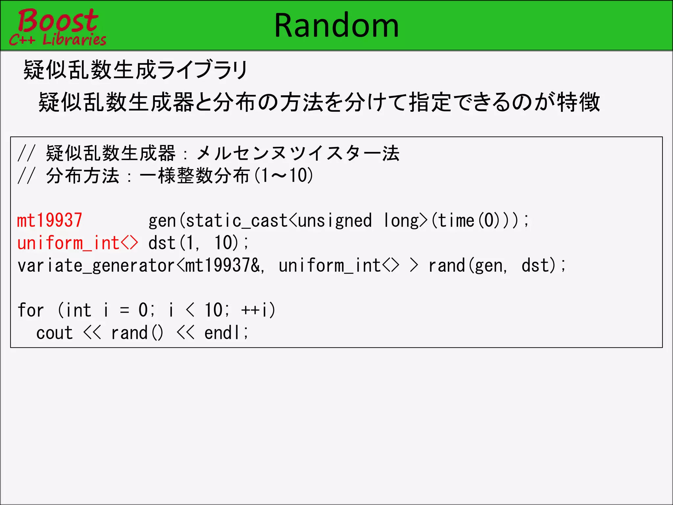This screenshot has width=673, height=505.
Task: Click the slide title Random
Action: (x=336, y=26)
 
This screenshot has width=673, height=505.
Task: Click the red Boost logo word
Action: (x=58, y=20)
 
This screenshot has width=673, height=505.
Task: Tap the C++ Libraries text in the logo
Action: (x=58, y=40)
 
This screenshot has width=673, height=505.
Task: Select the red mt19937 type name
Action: (x=50, y=220)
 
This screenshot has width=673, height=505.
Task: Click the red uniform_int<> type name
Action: (x=78, y=243)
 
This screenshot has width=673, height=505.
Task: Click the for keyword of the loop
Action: (x=31, y=310)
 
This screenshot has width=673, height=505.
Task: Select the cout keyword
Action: (x=55, y=333)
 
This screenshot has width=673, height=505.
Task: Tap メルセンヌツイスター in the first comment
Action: (x=289, y=153)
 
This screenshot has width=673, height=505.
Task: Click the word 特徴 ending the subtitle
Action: (x=578, y=102)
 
